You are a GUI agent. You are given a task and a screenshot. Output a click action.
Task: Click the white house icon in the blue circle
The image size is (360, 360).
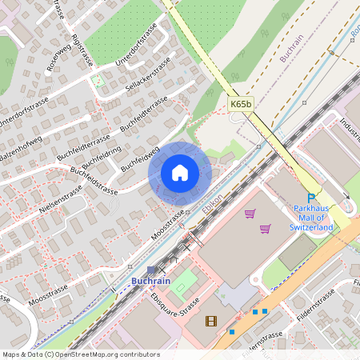180,173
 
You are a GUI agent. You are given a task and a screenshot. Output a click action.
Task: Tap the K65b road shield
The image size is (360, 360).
240,104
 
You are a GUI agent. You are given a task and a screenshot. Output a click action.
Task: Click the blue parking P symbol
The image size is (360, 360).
311,199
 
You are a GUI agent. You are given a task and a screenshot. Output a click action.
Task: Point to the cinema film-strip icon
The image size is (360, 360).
210,321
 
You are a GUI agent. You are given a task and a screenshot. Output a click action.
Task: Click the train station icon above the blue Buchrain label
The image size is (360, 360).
152,270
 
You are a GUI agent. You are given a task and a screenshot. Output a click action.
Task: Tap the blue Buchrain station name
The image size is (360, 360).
151,282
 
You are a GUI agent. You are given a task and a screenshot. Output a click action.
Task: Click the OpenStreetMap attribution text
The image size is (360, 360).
80,354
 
